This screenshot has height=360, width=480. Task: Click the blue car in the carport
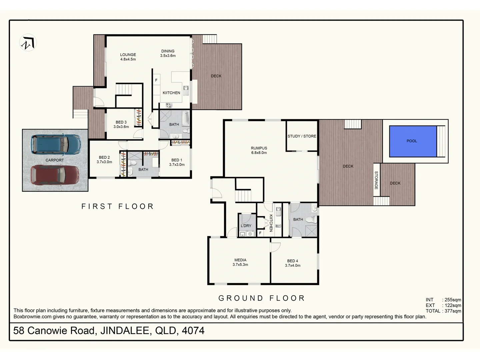[x=55, y=144]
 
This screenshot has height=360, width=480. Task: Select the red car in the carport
[x=55, y=175]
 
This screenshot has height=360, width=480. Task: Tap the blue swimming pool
[x=413, y=141]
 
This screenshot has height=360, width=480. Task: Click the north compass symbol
[x=27, y=43]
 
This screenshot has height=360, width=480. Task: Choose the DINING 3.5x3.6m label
[x=168, y=53]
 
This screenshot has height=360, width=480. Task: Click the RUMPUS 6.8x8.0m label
[x=259, y=150]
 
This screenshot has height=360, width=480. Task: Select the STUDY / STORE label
[x=302, y=136]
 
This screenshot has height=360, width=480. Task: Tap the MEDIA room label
[x=240, y=262]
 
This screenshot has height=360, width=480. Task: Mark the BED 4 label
[x=292, y=263]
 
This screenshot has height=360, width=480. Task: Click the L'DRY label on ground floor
[x=246, y=226]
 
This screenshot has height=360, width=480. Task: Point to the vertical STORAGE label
[x=376, y=180]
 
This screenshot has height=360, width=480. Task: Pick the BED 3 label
[x=121, y=124]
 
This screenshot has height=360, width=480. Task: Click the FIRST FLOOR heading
[x=118, y=206]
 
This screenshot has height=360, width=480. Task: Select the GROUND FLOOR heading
[x=262, y=298]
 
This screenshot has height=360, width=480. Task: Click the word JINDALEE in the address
[x=125, y=331]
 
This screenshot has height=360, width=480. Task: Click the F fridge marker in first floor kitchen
[x=156, y=80]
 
